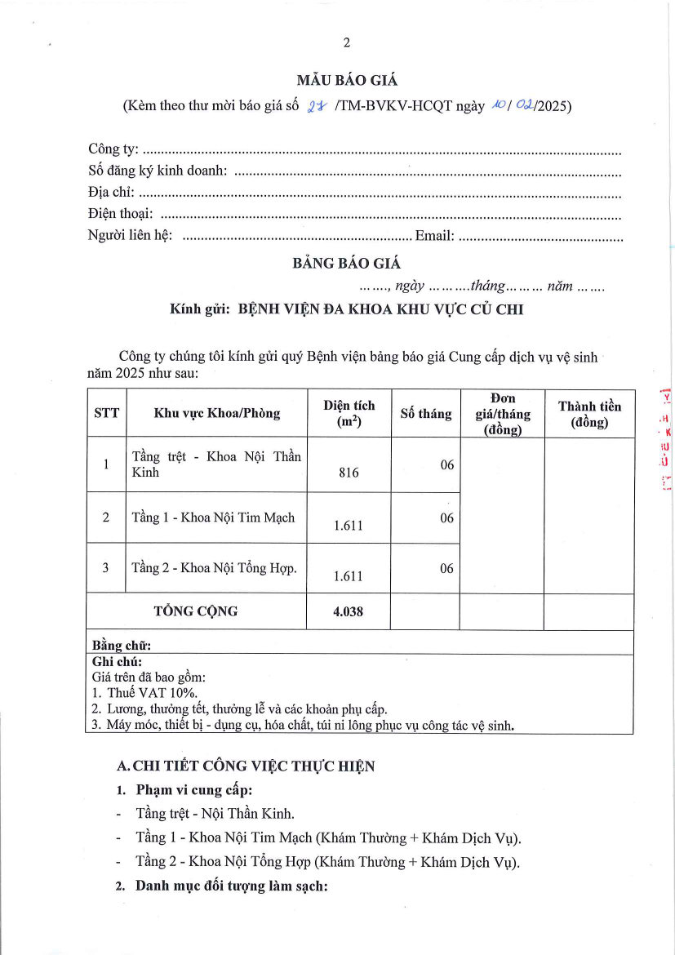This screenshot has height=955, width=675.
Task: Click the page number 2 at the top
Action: coord(347,43)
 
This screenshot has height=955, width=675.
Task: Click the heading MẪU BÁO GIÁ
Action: coord(347,80)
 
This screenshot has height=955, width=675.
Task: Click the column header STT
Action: coord(106,413)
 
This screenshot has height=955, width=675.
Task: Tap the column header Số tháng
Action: coord(425,414)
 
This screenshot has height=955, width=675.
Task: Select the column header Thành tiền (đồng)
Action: coord(589,414)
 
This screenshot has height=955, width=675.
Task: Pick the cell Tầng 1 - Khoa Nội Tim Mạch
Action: coord(213,517)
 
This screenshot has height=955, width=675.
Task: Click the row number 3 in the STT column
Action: coord(106,568)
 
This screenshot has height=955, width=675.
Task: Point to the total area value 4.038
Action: coord(349,611)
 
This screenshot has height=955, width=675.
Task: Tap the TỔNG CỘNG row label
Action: coord(196,611)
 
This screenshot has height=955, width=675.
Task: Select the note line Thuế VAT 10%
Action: coord(139,692)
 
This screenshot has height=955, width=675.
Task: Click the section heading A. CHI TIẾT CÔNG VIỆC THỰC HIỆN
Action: coord(246,766)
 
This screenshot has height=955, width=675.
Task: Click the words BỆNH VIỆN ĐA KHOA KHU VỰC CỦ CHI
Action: coord(380,309)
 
